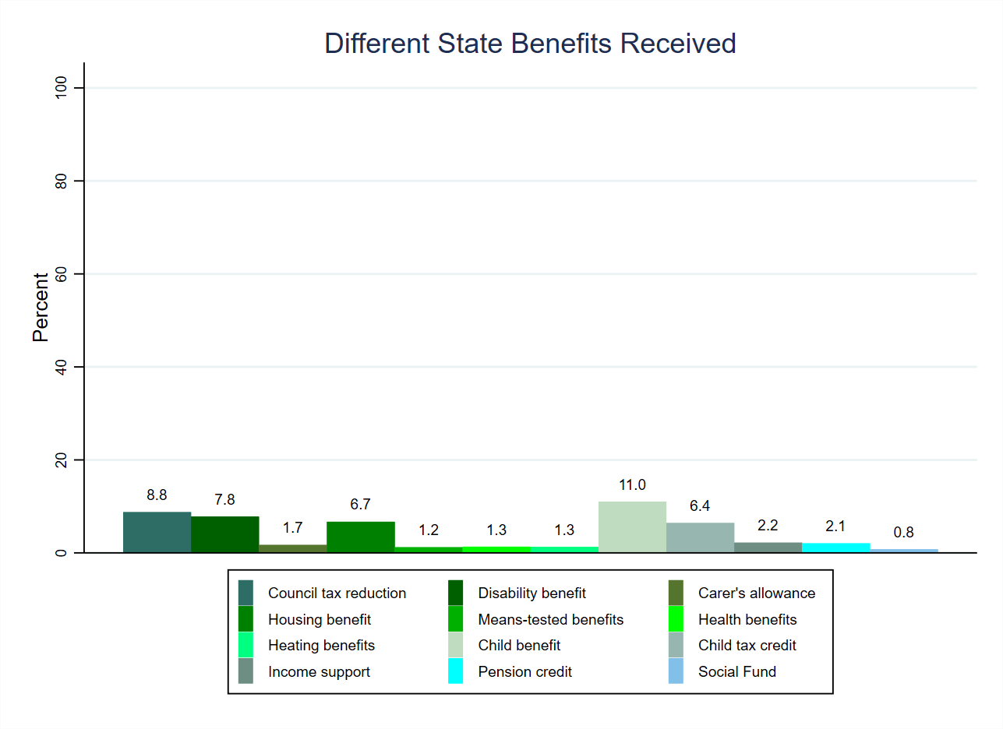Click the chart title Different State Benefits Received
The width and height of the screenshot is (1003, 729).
click(x=530, y=44)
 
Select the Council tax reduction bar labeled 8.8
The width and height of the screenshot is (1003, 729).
click(x=157, y=533)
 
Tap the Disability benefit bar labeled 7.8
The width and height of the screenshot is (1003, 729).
click(x=224, y=535)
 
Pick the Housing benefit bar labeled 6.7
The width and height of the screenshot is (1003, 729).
click(x=360, y=537)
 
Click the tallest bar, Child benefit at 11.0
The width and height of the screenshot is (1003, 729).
click(x=632, y=527)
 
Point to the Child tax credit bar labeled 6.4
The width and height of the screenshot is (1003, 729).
click(x=700, y=538)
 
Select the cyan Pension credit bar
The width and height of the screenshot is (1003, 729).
click(x=835, y=548)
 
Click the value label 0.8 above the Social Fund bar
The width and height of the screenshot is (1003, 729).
click(x=903, y=533)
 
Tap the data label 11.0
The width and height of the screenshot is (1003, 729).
click(x=632, y=485)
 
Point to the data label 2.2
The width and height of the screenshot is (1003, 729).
click(x=768, y=526)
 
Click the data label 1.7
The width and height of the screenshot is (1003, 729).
click(x=292, y=528)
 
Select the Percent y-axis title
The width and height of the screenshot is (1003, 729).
click(x=41, y=307)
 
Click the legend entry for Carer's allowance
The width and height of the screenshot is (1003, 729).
click(x=756, y=593)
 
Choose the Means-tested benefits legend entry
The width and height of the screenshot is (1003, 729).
click(x=550, y=620)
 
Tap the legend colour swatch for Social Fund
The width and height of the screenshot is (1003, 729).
click(x=676, y=671)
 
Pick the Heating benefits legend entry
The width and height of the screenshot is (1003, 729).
click(x=321, y=646)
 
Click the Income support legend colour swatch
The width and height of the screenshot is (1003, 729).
click(x=245, y=671)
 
